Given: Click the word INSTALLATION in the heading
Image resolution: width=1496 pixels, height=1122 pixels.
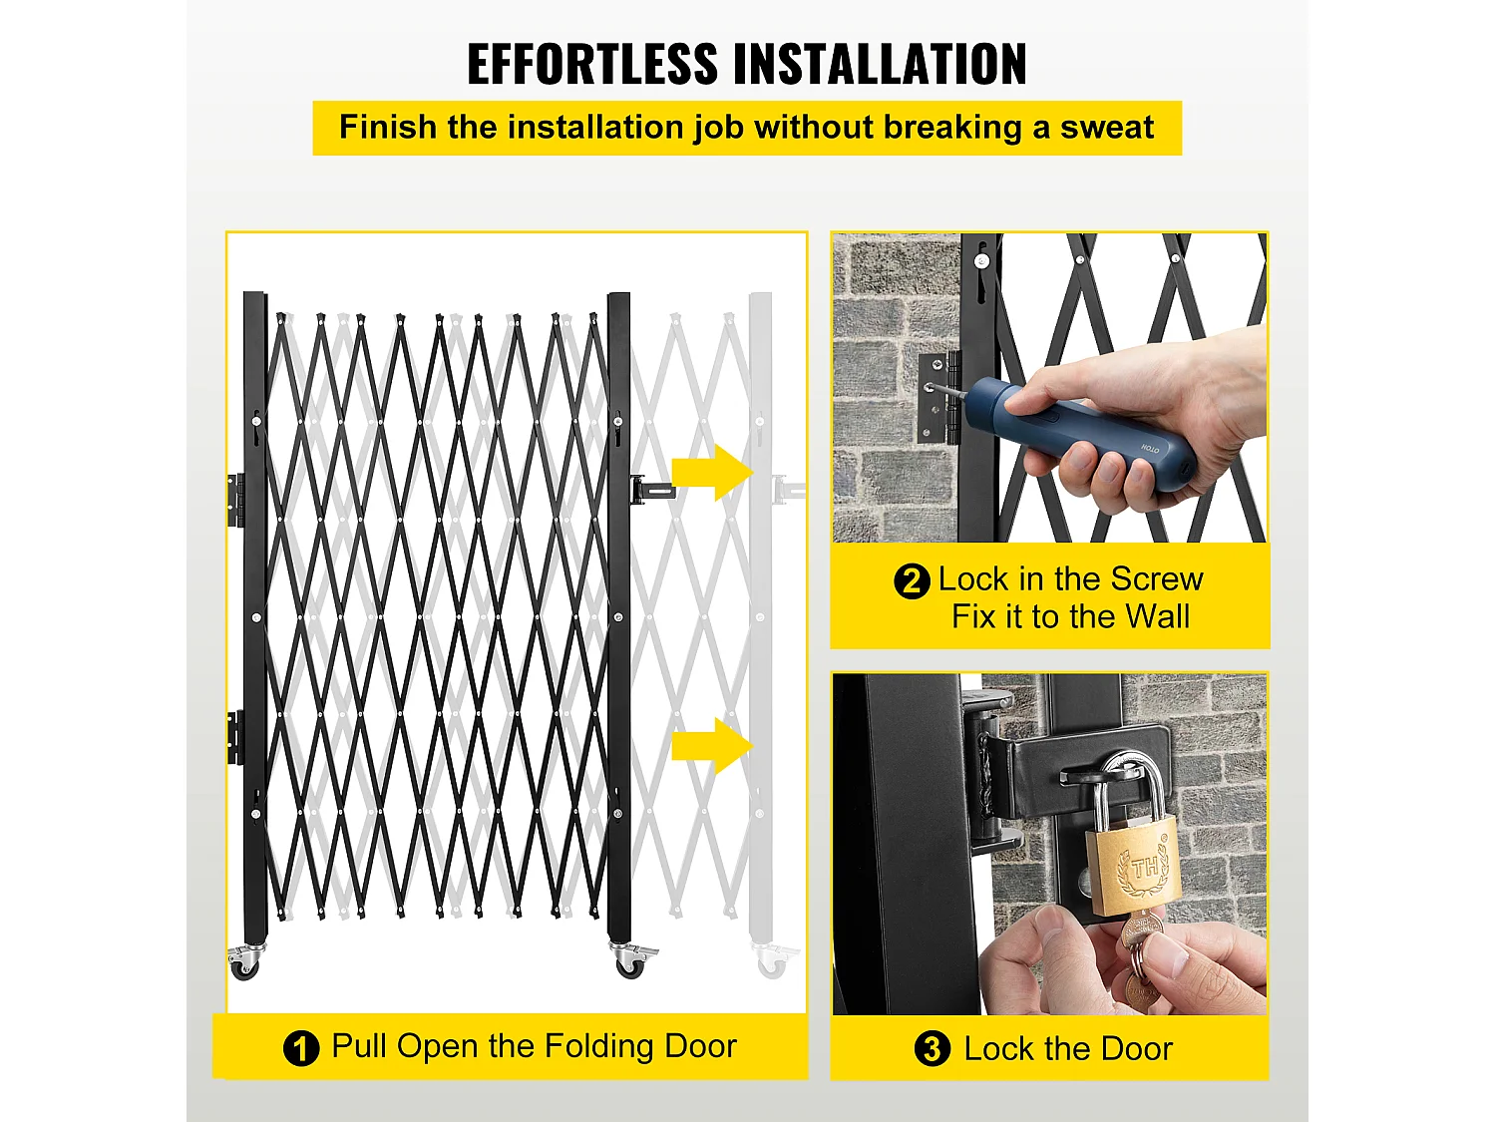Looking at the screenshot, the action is click(880, 64).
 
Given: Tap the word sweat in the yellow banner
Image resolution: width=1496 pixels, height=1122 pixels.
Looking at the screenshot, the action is click(1106, 128).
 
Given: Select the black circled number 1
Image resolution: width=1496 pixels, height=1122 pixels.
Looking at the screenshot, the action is click(300, 1048).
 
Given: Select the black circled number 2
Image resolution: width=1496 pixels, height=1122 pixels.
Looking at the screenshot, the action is click(912, 581).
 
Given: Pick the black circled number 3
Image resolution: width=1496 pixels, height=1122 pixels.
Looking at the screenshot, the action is click(932, 1048).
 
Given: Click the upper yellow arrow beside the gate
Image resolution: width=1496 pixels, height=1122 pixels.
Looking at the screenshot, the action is click(713, 472).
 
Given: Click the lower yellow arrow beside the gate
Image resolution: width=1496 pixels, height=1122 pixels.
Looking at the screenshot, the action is click(713, 746).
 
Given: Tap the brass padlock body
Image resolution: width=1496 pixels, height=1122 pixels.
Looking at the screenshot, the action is click(1133, 868).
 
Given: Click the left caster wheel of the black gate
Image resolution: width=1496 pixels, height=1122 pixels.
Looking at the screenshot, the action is click(244, 962).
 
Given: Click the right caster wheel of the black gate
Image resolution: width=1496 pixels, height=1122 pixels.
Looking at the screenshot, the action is click(630, 962).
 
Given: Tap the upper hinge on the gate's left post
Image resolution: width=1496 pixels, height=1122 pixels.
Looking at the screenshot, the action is click(235, 500).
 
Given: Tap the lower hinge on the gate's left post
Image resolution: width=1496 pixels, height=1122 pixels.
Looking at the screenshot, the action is click(235, 737).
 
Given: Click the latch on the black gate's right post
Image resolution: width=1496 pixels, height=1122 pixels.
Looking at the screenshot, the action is click(651, 489).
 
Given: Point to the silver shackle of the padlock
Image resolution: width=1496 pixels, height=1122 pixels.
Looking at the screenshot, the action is click(1127, 789).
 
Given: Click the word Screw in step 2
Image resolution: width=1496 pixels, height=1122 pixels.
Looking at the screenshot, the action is click(1157, 579).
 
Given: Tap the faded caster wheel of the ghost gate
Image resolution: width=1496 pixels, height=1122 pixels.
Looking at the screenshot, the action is click(772, 961).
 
